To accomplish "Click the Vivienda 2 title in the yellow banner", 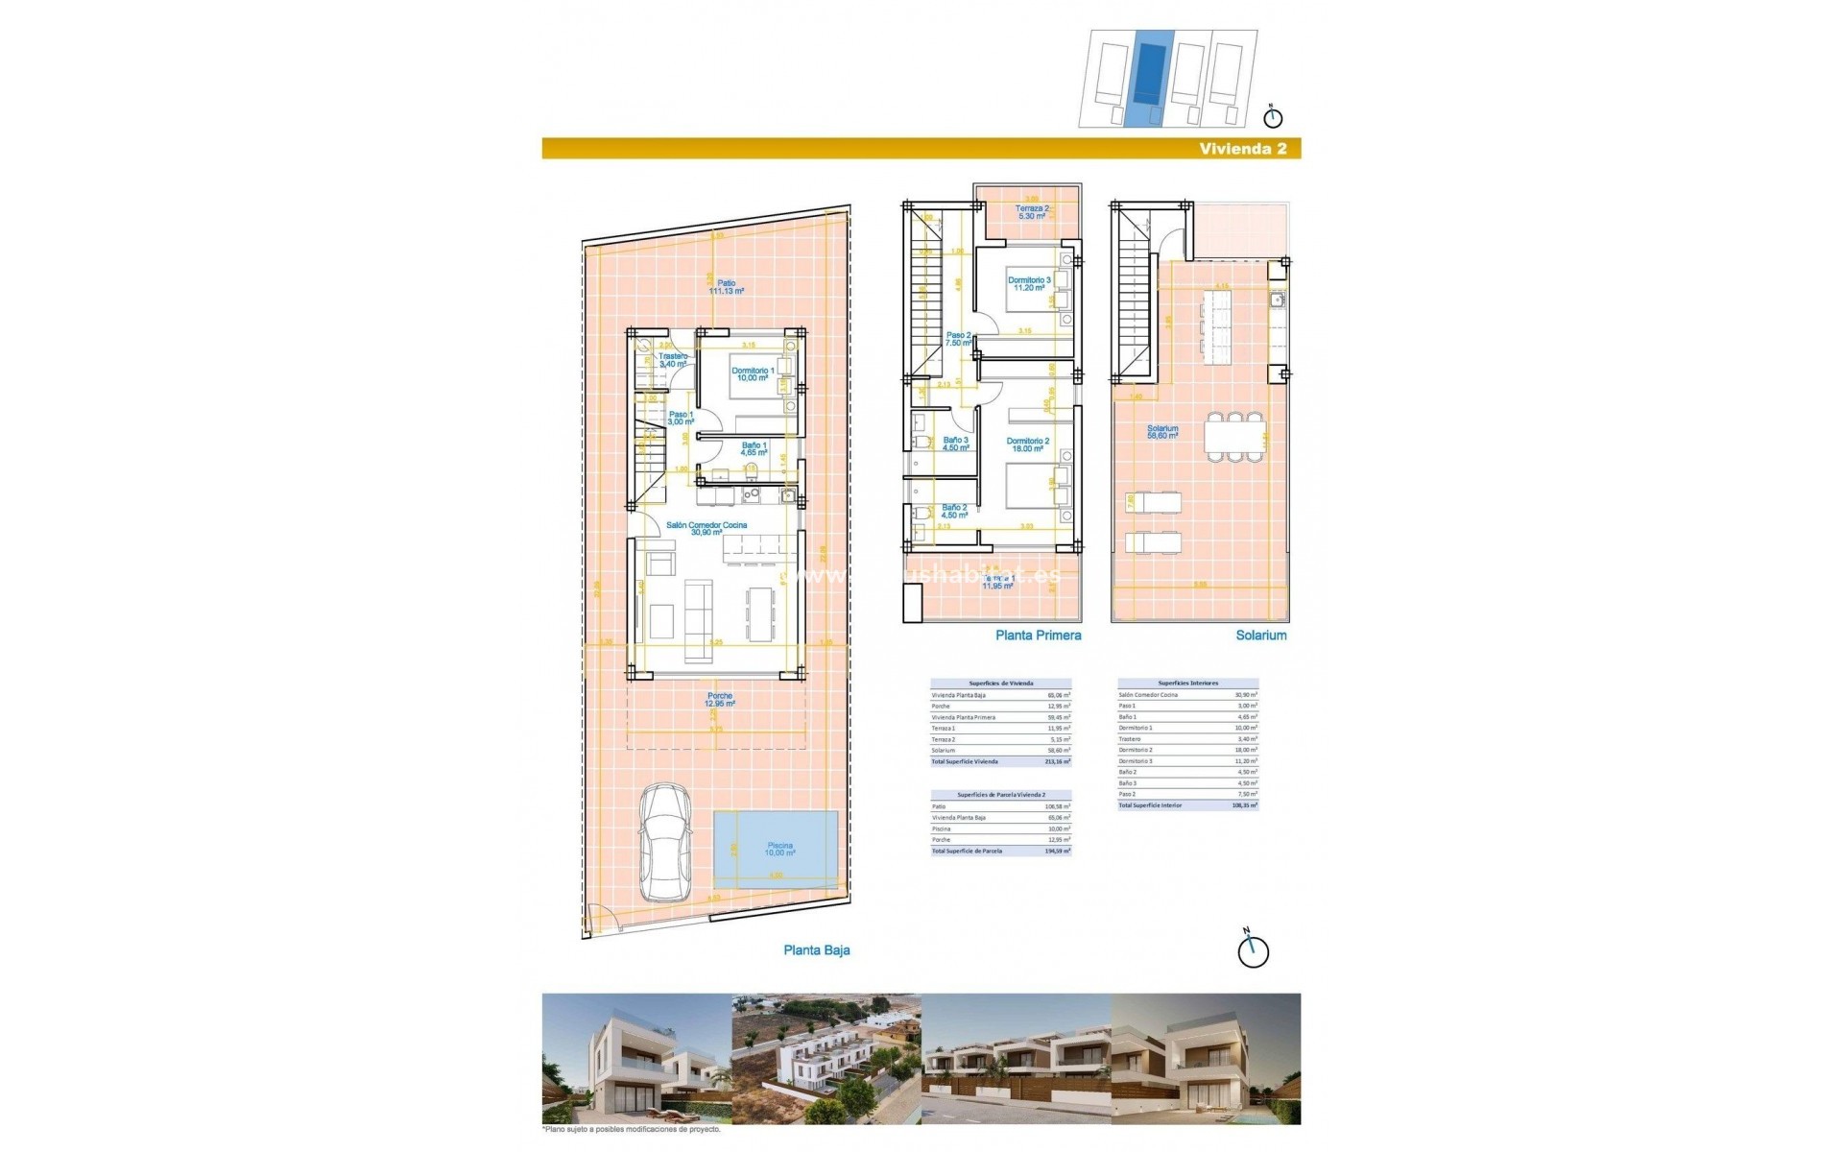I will [x=1243, y=148].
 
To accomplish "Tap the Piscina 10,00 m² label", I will [x=779, y=850].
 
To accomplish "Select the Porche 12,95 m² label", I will [x=719, y=700].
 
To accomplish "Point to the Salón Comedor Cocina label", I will [x=706, y=528].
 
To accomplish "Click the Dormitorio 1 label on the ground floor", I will [x=753, y=374].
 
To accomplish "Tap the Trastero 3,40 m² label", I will [x=673, y=360].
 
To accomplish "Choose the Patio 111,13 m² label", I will [x=726, y=287].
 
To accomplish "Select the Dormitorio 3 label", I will [x=1029, y=284].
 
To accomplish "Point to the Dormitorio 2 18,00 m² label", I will [x=1027, y=444].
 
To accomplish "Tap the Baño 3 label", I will [x=955, y=444].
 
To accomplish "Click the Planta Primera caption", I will [x=1038, y=636].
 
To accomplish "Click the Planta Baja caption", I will [x=816, y=950].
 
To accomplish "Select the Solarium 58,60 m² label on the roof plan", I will [x=1162, y=432].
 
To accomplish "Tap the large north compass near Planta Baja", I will [x=1253, y=949].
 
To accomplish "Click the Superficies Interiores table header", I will [x=1187, y=684].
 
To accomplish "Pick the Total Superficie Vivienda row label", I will [x=965, y=762].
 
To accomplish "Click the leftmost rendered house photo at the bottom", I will [x=635, y=1059].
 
